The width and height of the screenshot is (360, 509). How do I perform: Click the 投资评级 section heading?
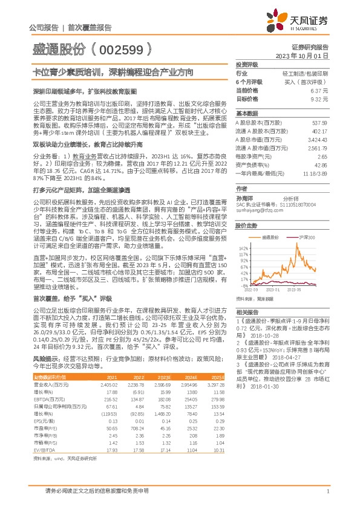click(247, 63)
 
